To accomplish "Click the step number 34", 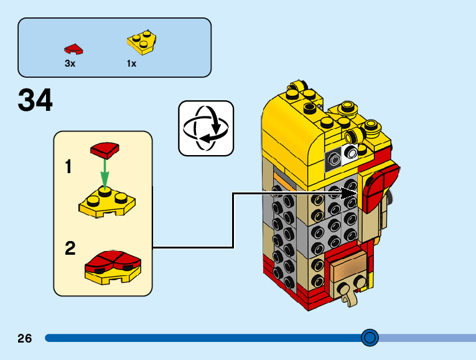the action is click(x=35, y=100).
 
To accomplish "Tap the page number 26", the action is click(x=25, y=338).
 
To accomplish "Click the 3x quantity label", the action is click(x=70, y=64).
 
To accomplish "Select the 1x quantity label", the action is click(x=131, y=64).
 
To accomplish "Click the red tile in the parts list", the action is click(x=73, y=49).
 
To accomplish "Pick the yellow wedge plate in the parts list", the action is click(x=142, y=42).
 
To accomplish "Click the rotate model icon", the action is click(x=206, y=128).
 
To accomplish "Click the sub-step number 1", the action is click(x=68, y=166).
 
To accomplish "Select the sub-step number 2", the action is click(x=70, y=249).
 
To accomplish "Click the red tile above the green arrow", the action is click(x=105, y=150).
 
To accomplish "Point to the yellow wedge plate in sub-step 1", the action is click(x=107, y=201).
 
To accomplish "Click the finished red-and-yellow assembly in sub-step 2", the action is click(x=113, y=267).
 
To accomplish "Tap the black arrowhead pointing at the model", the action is click(x=349, y=194).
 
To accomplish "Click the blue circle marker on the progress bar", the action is click(x=370, y=338).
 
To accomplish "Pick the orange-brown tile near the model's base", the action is click(x=349, y=268).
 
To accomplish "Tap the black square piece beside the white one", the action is click(x=334, y=160).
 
